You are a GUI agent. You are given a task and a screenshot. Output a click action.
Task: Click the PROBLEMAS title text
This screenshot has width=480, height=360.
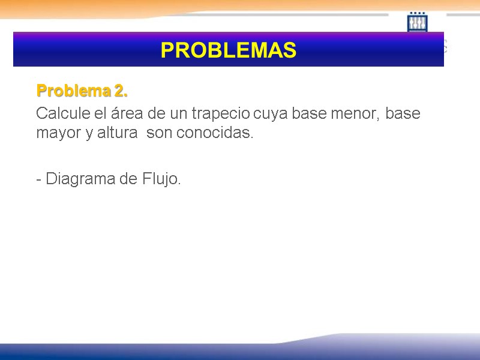[x=228, y=50]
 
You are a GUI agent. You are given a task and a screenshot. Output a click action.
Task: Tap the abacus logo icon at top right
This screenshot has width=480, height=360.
[x=418, y=22]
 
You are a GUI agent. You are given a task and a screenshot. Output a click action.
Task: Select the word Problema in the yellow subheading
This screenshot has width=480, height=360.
[x=70, y=91]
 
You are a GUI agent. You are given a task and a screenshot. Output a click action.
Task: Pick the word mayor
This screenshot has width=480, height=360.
[x=54, y=133]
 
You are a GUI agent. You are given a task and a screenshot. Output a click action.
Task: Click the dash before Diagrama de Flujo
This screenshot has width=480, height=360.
[x=39, y=179]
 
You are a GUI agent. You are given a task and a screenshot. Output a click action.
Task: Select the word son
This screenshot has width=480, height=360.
[x=159, y=133]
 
